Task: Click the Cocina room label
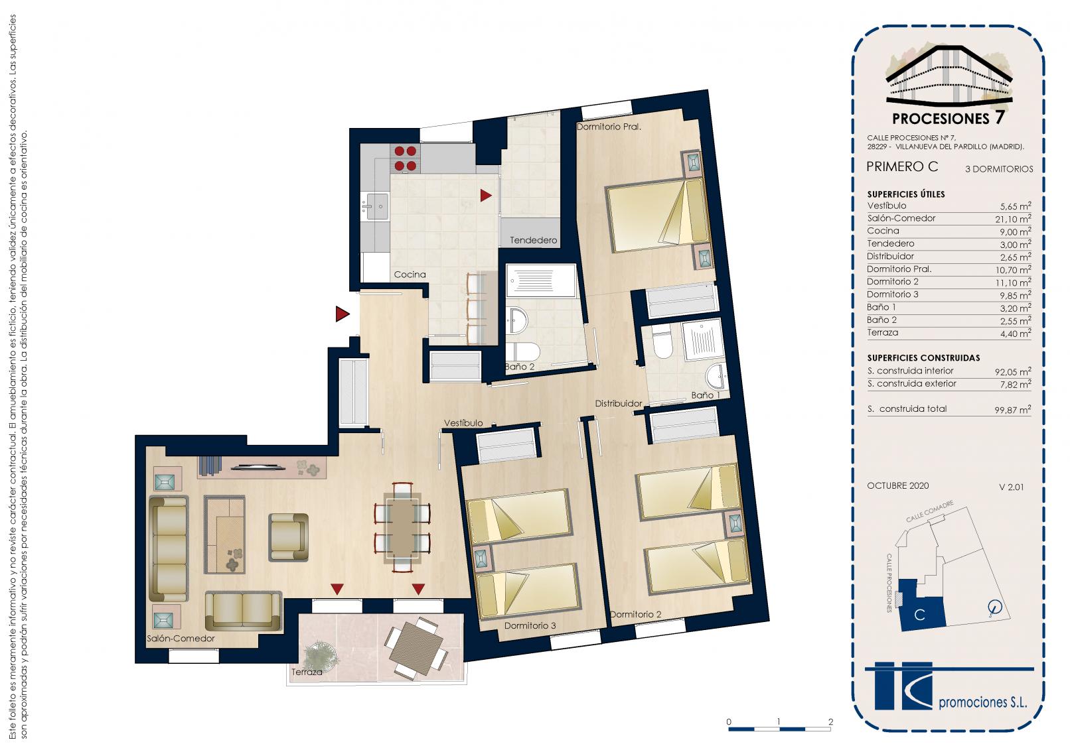(410, 275)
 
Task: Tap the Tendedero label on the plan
(533, 240)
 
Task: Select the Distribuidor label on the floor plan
(618, 403)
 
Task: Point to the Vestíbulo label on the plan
(463, 423)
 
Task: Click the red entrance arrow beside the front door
(342, 314)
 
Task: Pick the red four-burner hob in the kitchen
(405, 158)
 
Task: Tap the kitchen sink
(376, 206)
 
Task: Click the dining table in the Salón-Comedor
(402, 527)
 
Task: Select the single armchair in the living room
(288, 537)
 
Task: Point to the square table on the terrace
(416, 648)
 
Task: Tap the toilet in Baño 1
(662, 342)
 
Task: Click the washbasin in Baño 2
(517, 320)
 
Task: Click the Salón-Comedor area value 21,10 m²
(1013, 219)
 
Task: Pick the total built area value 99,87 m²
(1013, 410)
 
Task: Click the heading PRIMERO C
(902, 166)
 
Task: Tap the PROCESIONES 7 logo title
(948, 118)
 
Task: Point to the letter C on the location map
(919, 615)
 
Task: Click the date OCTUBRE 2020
(897, 486)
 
